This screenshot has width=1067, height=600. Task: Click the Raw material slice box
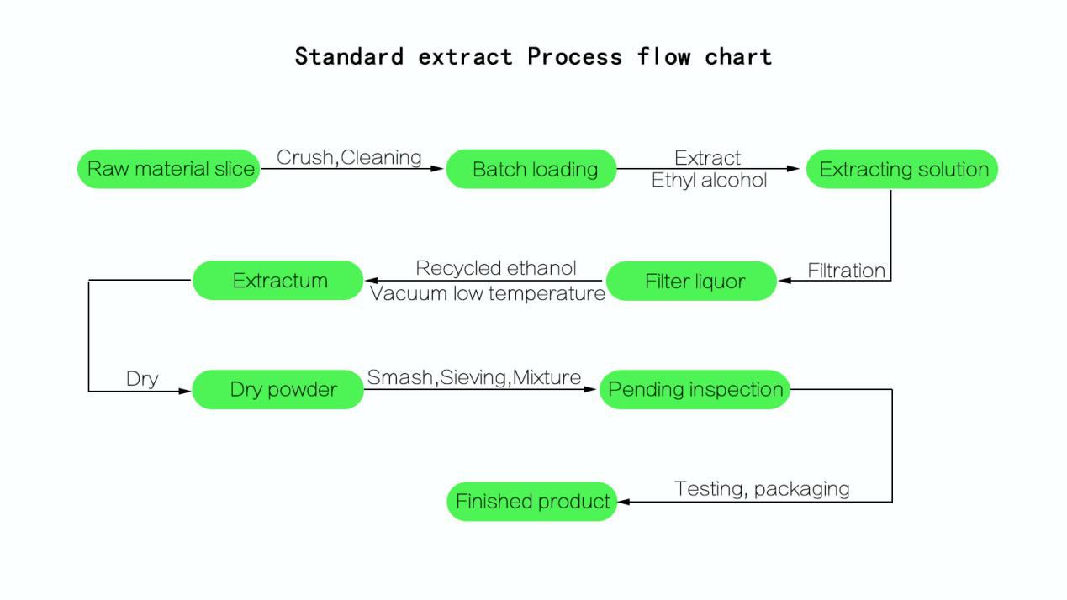pos(169,169)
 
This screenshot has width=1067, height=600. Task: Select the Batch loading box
pos(531,169)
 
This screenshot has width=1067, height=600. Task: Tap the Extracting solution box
pos(902,169)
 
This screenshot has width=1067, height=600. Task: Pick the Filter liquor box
pos(692,281)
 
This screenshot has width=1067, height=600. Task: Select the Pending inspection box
pos(695,390)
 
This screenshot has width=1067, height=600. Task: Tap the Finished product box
pos(531,502)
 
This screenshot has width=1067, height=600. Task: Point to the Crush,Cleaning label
pos(349,157)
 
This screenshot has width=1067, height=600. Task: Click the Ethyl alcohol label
pos(709,180)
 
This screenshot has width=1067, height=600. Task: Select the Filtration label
pos(846,271)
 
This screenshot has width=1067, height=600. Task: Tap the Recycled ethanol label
pos(496,268)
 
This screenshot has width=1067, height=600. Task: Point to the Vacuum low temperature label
pos(488,293)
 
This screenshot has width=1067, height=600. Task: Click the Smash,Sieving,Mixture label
pos(474,377)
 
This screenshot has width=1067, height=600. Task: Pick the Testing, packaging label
pos(762,488)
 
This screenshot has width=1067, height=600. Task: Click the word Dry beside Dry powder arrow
pos(142,379)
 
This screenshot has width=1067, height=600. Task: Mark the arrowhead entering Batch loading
pos(437,169)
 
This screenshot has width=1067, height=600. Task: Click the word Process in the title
pos(575,57)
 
